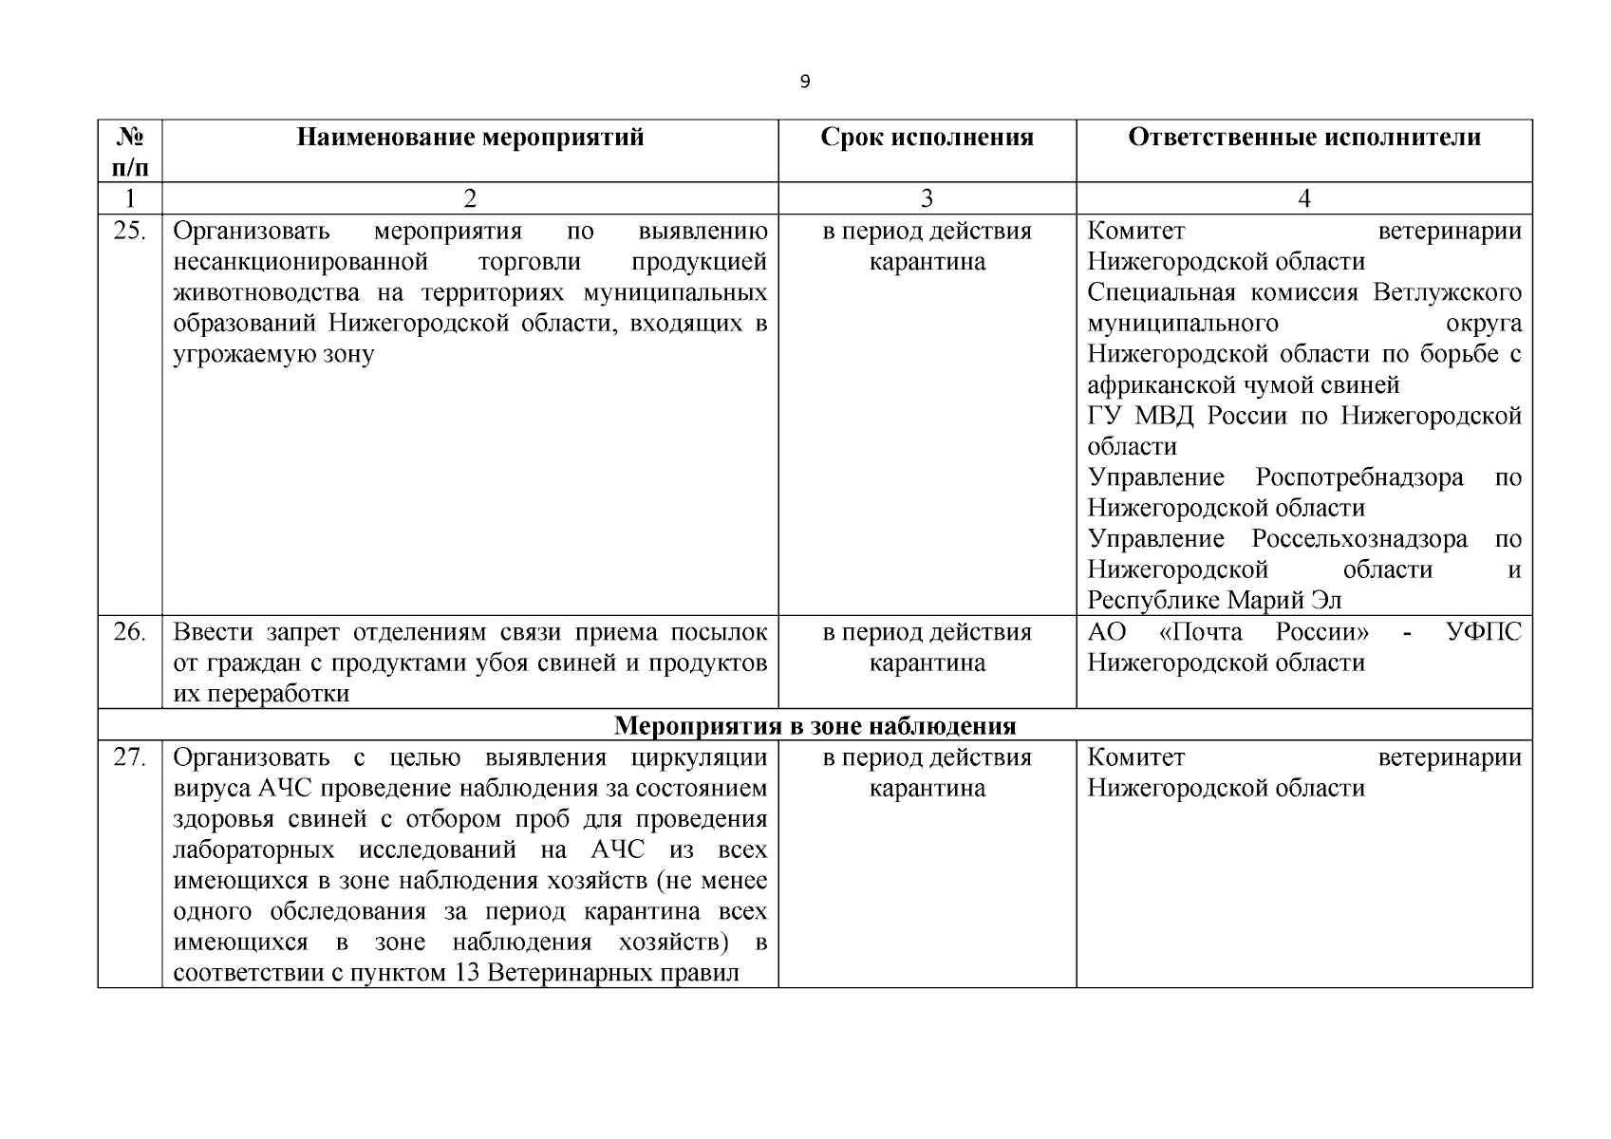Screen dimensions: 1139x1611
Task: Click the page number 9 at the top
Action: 805,83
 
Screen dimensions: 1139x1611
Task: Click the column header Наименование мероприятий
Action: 470,138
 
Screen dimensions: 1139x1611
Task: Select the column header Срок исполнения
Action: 927,138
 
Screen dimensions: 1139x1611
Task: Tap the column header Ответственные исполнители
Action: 1303,138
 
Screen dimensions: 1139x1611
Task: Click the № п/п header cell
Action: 129,152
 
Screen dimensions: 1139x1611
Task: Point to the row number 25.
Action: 129,231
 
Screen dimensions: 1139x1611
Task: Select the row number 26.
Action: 129,632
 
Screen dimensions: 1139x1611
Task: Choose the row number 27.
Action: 129,757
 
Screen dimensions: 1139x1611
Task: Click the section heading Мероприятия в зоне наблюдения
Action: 815,726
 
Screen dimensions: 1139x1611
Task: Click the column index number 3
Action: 927,198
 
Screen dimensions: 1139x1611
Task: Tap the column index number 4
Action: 1303,198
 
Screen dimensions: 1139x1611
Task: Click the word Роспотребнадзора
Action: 1359,477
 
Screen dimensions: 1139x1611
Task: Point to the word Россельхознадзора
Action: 1359,539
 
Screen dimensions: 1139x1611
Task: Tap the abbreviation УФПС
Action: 1483,632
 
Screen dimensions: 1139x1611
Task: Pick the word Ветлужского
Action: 1447,292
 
